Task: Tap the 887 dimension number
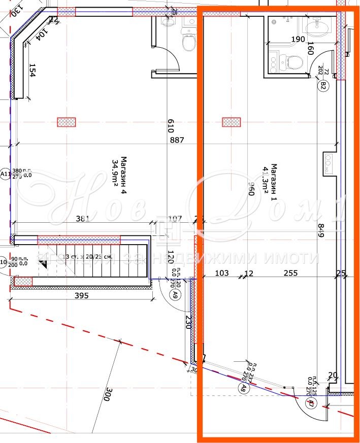click(x=177, y=140)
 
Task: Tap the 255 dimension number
click(x=291, y=273)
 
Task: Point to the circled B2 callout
click(x=322, y=86)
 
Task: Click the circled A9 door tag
click(x=175, y=294)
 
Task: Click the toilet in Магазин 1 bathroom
click(x=294, y=62)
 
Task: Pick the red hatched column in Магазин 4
click(x=66, y=122)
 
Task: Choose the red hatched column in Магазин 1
click(x=232, y=122)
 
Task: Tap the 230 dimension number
click(x=187, y=323)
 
